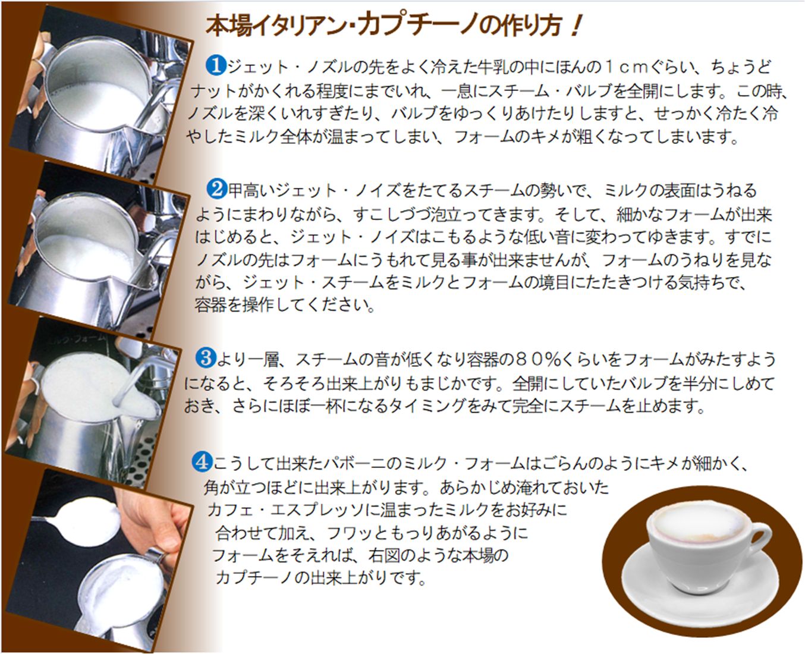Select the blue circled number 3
206,358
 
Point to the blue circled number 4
202,461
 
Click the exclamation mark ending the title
575,26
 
